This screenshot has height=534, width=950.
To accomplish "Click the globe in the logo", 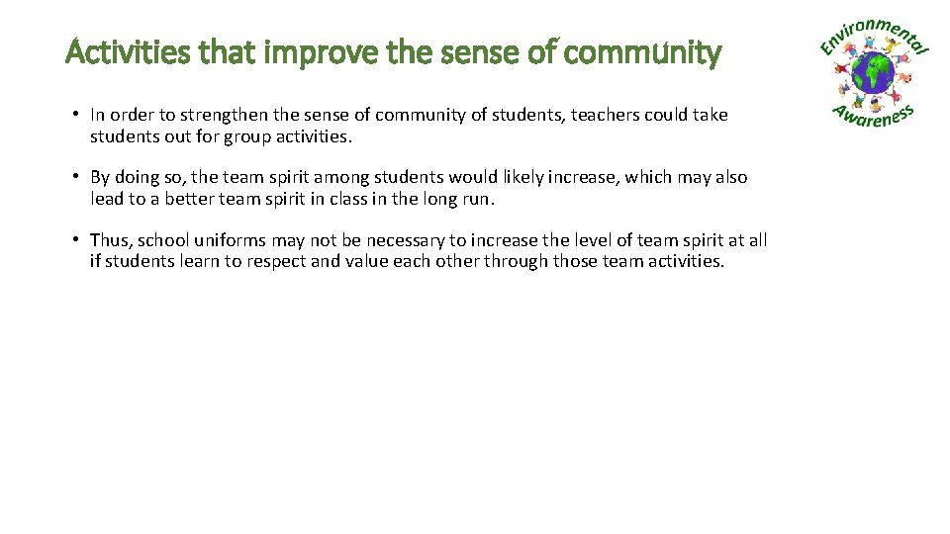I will (x=874, y=72).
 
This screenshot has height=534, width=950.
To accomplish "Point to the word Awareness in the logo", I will (x=873, y=118).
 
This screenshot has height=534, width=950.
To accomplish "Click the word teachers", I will (x=575, y=115).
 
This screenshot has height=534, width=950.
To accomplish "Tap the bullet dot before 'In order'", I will (x=75, y=115).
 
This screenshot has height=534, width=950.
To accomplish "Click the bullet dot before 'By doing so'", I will (x=75, y=177).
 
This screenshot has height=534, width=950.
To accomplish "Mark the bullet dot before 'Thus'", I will (x=75, y=240).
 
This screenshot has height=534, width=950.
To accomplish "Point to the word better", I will (x=174, y=199).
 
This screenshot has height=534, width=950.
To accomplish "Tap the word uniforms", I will (x=231, y=240).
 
